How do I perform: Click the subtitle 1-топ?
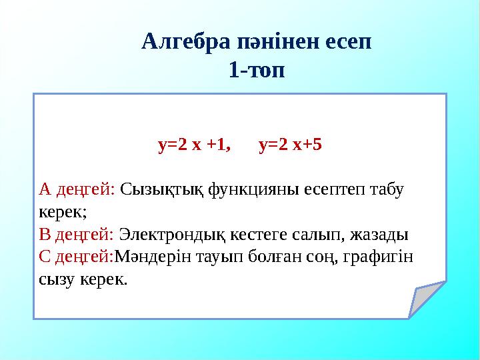coord(257,69)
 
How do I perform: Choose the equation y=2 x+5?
coord(290,144)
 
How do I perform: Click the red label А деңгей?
coord(77,190)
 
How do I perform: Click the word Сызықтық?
coord(162,190)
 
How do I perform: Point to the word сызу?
coord(56,279)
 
